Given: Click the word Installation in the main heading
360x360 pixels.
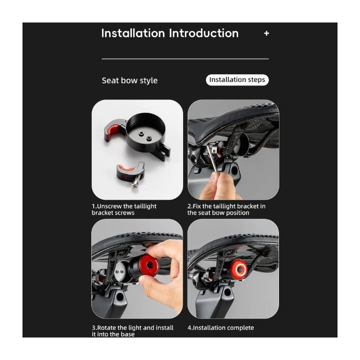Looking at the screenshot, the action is click(133, 33).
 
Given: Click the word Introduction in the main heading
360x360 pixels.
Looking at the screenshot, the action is click(204, 33).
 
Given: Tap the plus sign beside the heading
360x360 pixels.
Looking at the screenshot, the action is click(266, 33).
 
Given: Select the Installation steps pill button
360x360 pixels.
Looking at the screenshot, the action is click(237, 80).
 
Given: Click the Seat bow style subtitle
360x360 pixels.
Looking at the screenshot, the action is click(130, 81).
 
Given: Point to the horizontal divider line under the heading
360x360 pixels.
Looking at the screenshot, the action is click(185, 59).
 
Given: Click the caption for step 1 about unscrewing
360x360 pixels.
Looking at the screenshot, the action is click(124, 209).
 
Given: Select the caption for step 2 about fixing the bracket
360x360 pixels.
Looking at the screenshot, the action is click(226, 209).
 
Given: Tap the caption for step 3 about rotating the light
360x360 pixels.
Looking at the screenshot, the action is click(133, 331).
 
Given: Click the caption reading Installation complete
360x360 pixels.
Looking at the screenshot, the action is click(220, 328).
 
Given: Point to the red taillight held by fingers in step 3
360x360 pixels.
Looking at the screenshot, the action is click(149, 265).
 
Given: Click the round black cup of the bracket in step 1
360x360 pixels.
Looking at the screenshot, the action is click(145, 133).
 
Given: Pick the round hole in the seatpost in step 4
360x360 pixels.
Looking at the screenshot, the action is click(227, 292).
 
